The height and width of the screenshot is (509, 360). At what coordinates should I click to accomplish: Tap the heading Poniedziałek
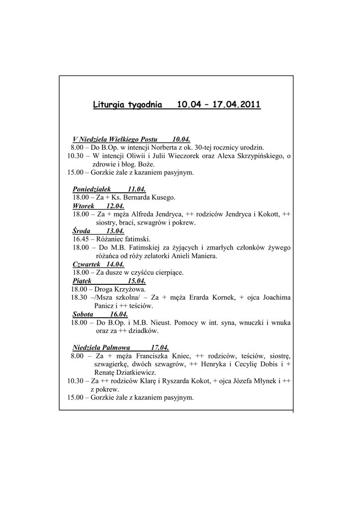pos(92,189)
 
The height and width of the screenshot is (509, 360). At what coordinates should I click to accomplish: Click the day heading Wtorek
pos(84,206)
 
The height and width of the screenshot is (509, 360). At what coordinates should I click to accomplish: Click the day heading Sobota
pos(83,314)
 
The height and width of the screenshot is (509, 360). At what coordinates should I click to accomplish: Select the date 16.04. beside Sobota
pos(119,314)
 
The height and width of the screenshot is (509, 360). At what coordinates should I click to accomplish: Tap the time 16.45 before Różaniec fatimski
pos(80,239)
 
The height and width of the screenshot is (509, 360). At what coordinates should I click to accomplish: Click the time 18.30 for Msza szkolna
pos(79,297)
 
